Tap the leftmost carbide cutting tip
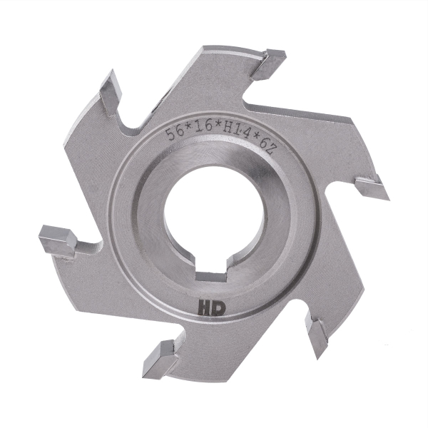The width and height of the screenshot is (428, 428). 56,238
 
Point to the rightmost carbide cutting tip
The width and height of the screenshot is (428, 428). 371,188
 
